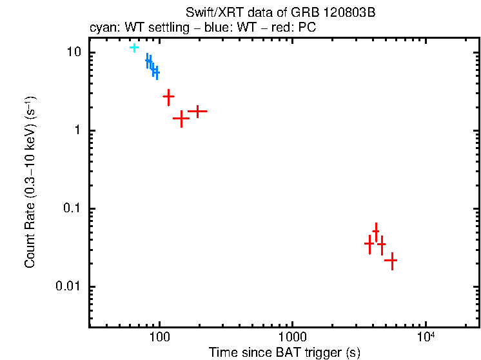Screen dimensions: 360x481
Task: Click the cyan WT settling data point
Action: tap(134, 47)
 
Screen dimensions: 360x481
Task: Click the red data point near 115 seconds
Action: tap(168, 96)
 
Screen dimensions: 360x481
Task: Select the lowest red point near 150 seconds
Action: tap(182, 118)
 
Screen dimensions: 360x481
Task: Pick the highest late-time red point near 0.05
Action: tap(376, 230)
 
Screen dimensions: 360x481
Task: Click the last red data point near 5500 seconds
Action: tap(390, 260)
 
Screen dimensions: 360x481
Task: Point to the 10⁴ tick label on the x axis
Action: tap(425, 336)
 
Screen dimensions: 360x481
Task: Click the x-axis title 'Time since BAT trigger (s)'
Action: tap(284, 352)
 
